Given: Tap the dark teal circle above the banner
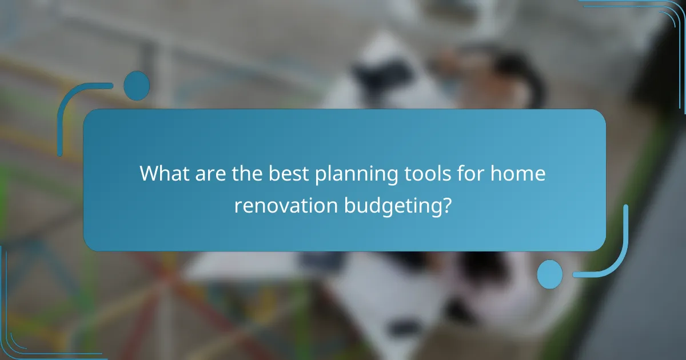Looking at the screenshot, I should (x=137, y=86).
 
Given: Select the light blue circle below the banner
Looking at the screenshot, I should (x=550, y=274).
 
